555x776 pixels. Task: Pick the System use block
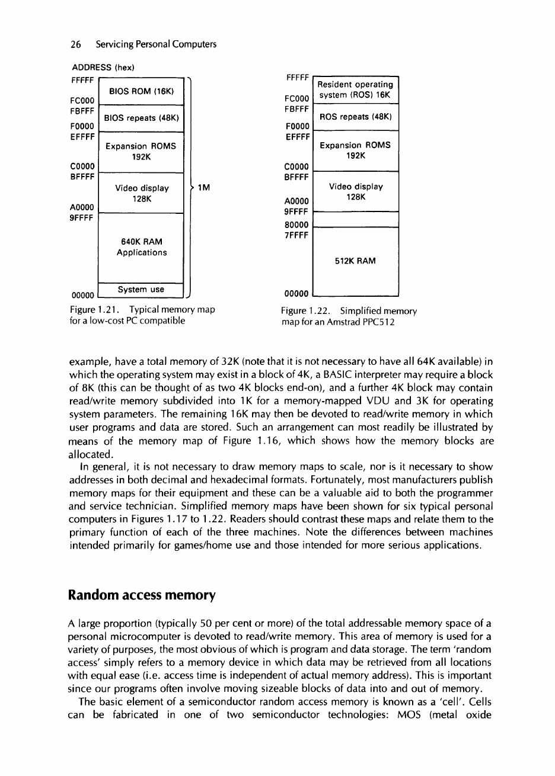click(x=140, y=290)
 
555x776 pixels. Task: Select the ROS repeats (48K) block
click(x=356, y=118)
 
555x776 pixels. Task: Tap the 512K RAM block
click(x=356, y=261)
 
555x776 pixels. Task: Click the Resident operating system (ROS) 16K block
click(x=356, y=90)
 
